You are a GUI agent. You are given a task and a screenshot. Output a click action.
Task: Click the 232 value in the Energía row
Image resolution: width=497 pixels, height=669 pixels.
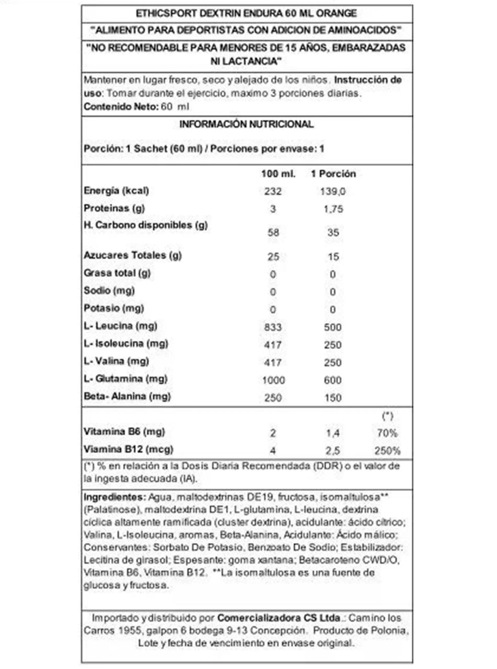[273, 191]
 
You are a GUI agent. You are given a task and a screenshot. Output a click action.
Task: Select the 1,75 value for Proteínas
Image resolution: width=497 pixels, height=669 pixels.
[333, 209]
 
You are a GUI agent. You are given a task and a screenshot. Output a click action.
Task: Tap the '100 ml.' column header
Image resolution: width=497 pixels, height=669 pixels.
[278, 174]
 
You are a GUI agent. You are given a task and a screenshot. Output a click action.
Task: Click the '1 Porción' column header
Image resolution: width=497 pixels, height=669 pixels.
[333, 174]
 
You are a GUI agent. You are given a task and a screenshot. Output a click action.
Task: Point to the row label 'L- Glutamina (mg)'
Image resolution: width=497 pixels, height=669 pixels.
[125, 379]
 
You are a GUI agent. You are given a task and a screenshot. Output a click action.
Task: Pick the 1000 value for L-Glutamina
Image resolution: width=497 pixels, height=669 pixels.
[273, 380]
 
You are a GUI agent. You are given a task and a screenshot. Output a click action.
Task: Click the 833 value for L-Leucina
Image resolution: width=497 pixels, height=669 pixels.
[273, 327]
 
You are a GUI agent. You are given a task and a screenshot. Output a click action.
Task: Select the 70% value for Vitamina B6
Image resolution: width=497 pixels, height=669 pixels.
[387, 433]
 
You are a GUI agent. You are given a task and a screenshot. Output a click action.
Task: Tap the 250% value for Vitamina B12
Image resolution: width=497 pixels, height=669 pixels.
[387, 451]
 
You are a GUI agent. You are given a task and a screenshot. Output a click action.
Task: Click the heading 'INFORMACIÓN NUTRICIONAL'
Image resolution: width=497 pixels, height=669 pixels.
[246, 124]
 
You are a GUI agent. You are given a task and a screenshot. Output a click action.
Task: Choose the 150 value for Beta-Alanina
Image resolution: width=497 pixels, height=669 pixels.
[333, 398]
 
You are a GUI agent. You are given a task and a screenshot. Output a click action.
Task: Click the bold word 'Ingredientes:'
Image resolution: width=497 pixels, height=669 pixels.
[115, 497]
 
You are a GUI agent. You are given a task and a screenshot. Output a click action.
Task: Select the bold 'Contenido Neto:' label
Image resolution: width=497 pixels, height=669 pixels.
[121, 107]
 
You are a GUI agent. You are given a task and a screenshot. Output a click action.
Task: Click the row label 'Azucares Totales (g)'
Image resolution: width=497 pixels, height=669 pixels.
[133, 255]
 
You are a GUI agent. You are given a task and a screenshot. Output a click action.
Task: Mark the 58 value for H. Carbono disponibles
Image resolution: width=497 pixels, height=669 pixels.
[273, 232]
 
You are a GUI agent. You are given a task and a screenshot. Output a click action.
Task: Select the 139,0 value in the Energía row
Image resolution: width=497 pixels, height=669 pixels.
[333, 191]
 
